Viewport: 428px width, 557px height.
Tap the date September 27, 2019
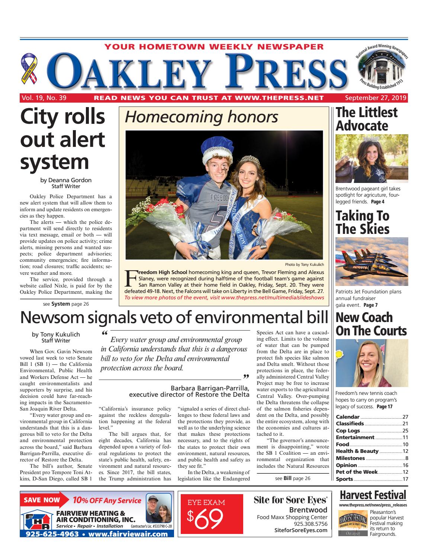376,98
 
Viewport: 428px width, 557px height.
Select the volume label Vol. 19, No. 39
44,98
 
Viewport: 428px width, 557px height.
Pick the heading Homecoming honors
201,117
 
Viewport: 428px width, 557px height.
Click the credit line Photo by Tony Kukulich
305,264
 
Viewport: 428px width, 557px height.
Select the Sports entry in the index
344,479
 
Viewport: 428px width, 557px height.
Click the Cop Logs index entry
348,431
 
